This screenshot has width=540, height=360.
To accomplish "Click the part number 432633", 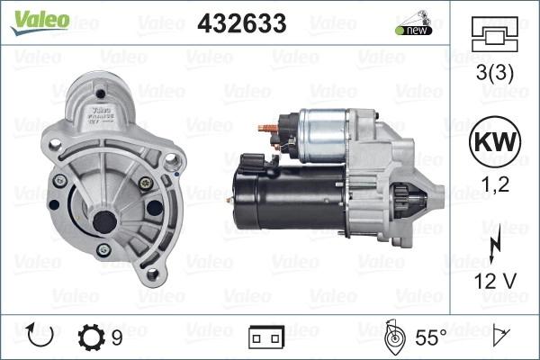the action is [x=242, y=23].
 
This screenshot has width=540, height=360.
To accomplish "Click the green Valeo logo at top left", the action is [x=40, y=22].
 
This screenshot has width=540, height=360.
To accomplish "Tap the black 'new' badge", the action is [x=414, y=31].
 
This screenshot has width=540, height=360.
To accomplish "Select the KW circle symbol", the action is [x=495, y=141].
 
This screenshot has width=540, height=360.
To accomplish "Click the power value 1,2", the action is [x=495, y=184].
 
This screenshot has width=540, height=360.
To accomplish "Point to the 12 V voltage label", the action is [x=495, y=281].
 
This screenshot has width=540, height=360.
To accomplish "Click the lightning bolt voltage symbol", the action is [x=495, y=244].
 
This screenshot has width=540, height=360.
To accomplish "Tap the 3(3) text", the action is [x=494, y=73].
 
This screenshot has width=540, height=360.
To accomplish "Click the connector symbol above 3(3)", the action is [x=494, y=34].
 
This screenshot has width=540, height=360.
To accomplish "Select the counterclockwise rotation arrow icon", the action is [x=40, y=335].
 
